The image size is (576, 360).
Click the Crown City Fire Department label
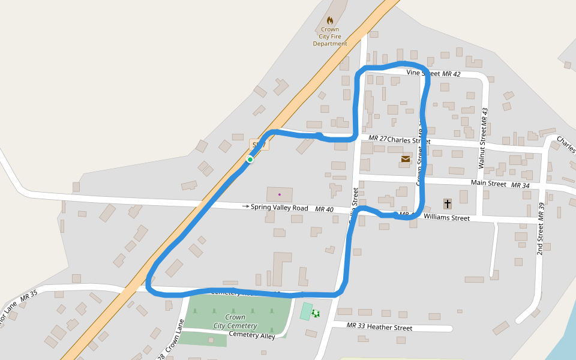(x=329, y=36)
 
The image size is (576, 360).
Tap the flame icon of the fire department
(x=330, y=20)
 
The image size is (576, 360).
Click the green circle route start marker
(x=250, y=159)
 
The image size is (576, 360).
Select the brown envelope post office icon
(x=406, y=159)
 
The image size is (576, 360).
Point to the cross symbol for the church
(x=447, y=203)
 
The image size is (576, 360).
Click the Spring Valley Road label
(x=279, y=208)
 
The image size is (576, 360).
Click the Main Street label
(x=488, y=184)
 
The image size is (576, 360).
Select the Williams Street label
(x=446, y=218)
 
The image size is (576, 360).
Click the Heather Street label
(x=389, y=327)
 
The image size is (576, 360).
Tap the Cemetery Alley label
(x=252, y=335)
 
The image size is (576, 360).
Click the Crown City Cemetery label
(x=235, y=322)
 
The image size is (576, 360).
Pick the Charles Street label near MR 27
(x=409, y=140)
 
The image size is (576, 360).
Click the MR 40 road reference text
(x=323, y=209)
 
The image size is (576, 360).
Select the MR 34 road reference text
(x=520, y=185)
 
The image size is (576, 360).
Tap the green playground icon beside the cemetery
(x=316, y=313)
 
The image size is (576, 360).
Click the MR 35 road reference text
(x=29, y=295)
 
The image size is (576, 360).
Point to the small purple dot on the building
(x=279, y=194)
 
